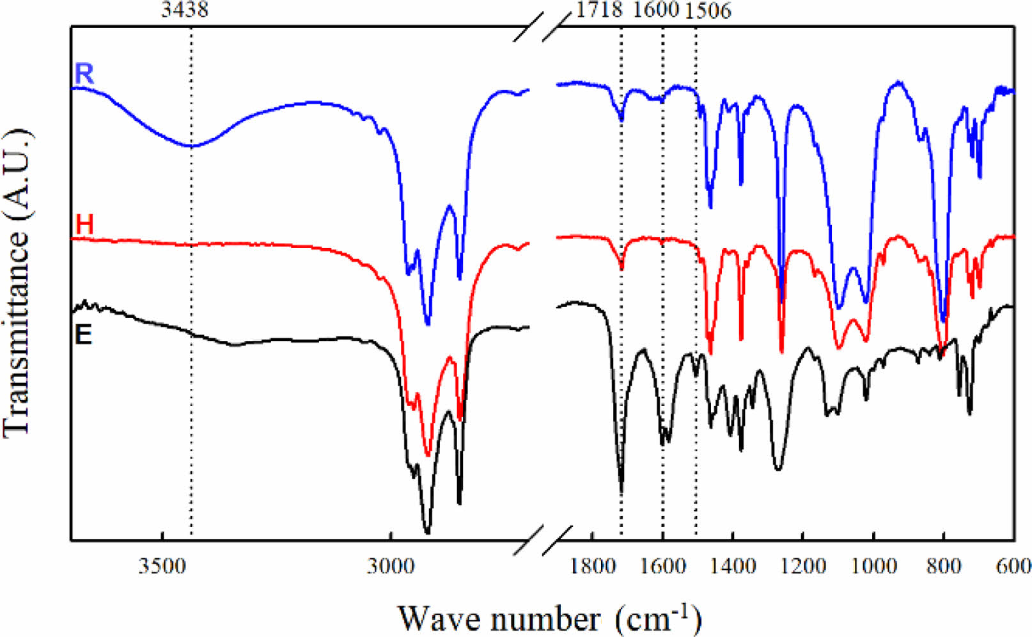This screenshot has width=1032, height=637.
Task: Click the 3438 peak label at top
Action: tap(184, 10)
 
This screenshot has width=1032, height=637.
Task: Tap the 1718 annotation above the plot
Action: tap(599, 10)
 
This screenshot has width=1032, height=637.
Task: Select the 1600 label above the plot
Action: tap(655, 10)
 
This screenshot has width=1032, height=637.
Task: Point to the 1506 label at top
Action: tap(707, 10)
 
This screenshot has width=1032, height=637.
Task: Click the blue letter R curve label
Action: tap(84, 74)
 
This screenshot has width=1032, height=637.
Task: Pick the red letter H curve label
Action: tap(84, 225)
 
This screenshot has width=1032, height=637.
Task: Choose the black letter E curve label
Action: tap(83, 334)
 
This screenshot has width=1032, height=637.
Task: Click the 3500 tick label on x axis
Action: tap(162, 566)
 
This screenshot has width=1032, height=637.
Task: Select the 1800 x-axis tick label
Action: tap(593, 566)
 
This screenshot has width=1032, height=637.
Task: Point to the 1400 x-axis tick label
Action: tap(733, 566)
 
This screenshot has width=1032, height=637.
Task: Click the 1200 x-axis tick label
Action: tap(803, 566)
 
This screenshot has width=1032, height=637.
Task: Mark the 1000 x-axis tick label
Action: tap(873, 566)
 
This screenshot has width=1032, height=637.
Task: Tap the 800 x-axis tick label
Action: tap(943, 566)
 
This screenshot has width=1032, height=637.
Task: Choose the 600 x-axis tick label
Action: tap(1014, 566)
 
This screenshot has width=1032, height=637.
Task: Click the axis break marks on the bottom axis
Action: tap(541, 540)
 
